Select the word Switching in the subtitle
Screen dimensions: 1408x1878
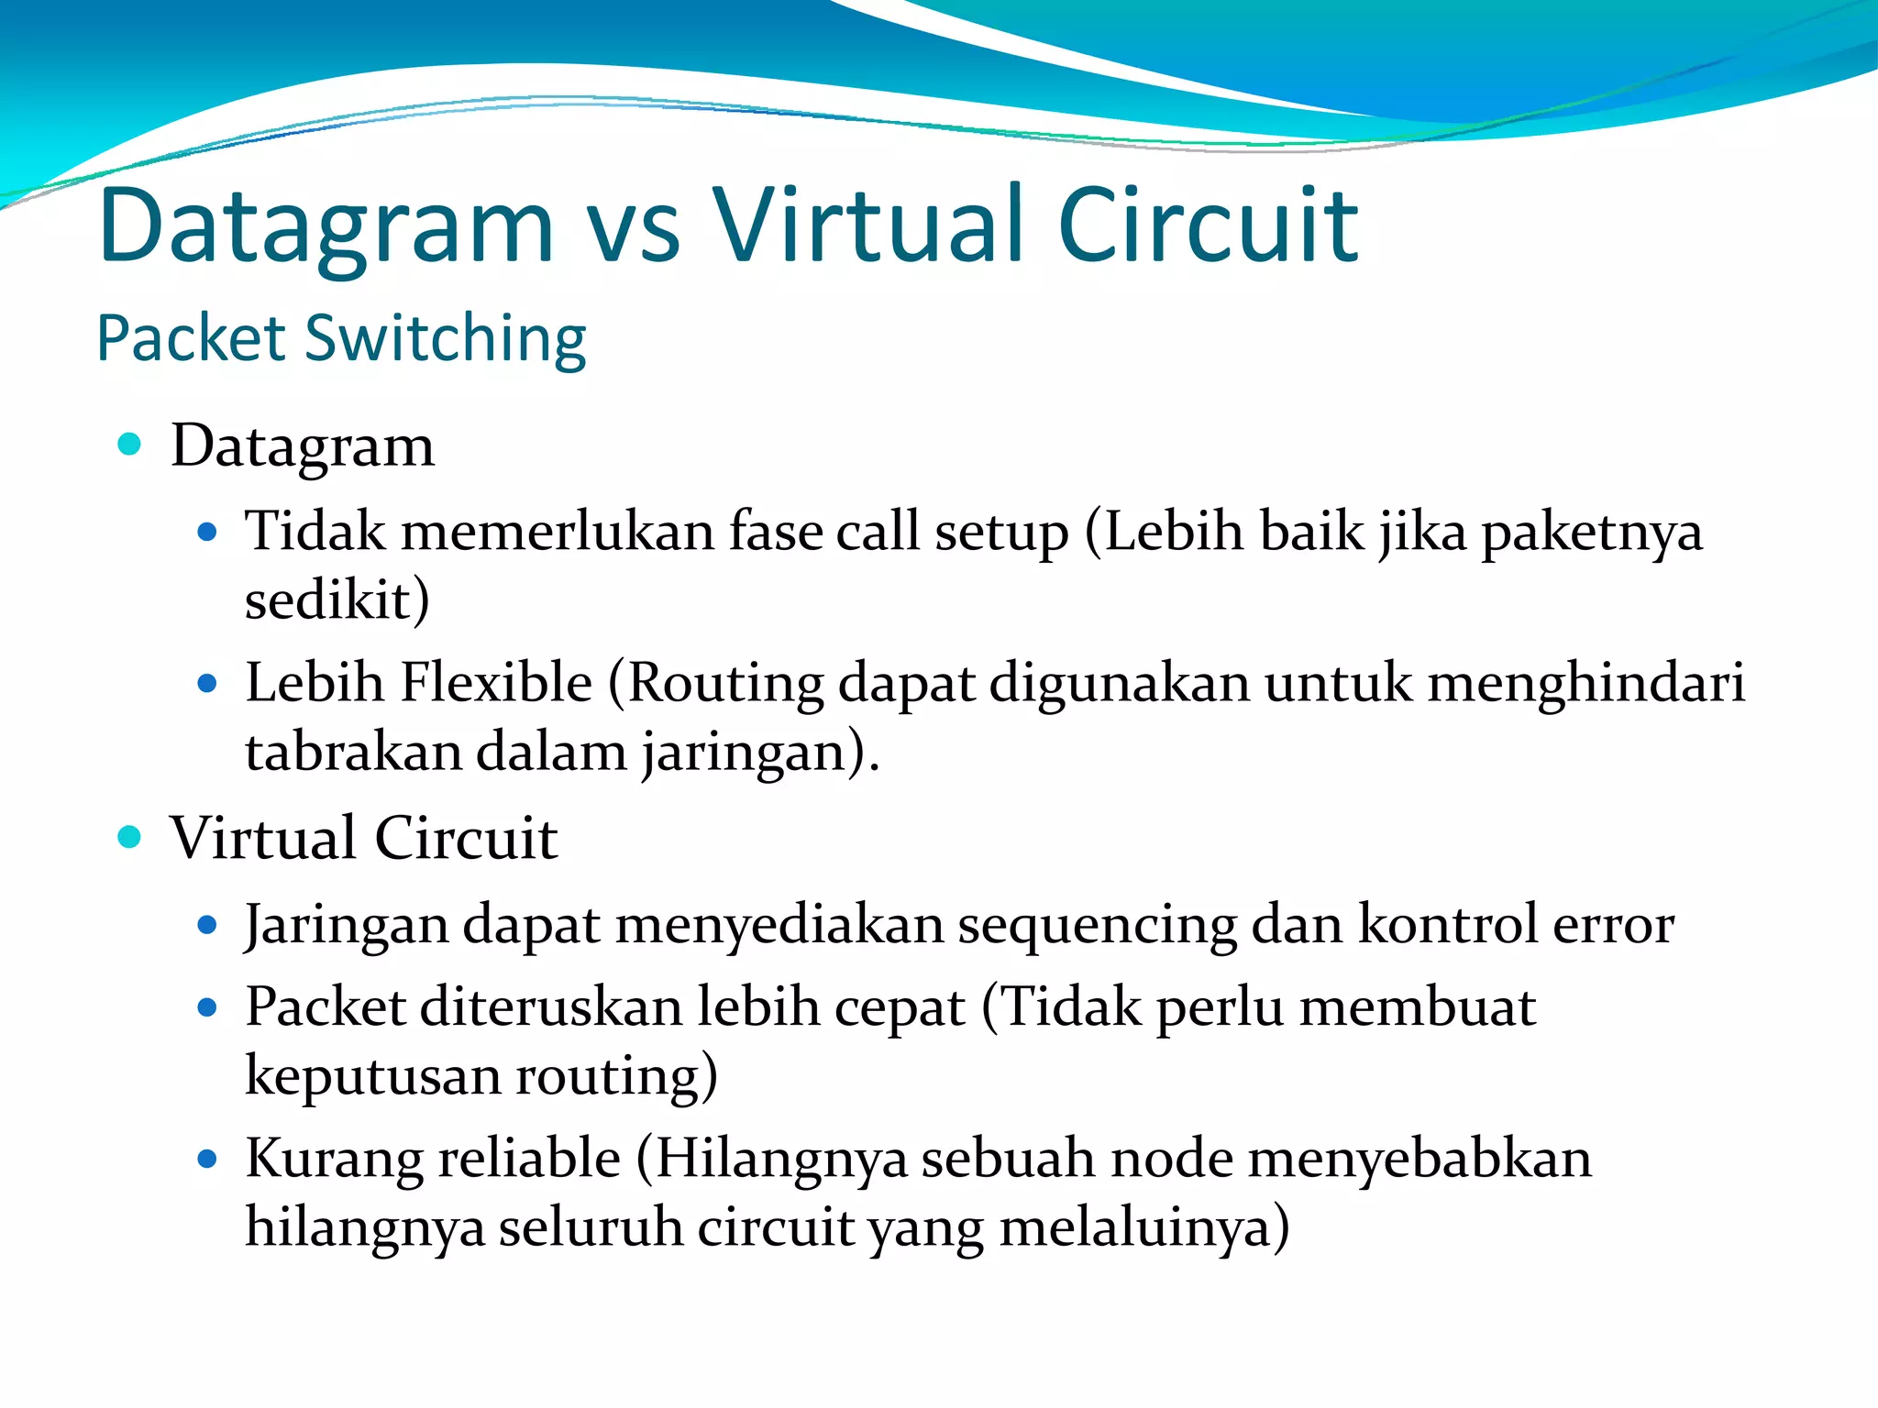(445, 339)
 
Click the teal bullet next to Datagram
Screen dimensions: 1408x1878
(130, 445)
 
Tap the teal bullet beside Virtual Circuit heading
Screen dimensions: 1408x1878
(130, 837)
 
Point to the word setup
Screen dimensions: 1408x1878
(1001, 533)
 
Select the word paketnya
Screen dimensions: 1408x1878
(1592, 533)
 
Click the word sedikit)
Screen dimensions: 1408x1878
(337, 600)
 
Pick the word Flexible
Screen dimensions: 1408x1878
(496, 683)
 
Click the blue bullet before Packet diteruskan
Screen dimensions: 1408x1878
(207, 1008)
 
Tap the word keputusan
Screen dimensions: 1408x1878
(372, 1076)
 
